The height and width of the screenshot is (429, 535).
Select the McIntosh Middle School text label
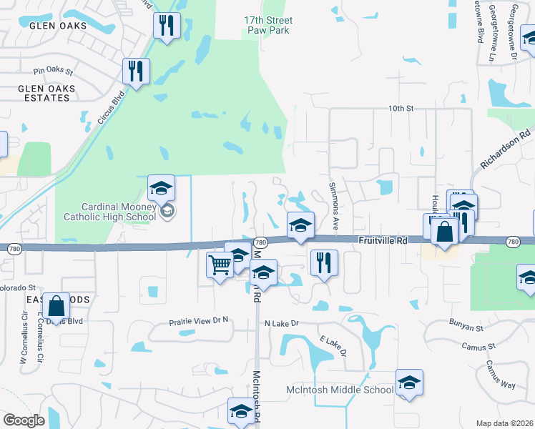(340, 390)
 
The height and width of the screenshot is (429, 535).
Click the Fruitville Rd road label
(383, 242)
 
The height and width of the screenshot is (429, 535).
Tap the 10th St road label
(401, 108)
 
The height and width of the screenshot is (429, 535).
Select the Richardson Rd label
(505, 149)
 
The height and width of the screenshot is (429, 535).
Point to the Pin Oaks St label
(54, 71)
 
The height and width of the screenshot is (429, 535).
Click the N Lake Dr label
(281, 324)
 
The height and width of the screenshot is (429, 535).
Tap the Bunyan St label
(467, 326)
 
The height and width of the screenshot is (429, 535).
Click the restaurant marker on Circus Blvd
(134, 71)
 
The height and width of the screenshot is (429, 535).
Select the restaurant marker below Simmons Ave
(324, 262)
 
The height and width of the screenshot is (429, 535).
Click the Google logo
(24, 420)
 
